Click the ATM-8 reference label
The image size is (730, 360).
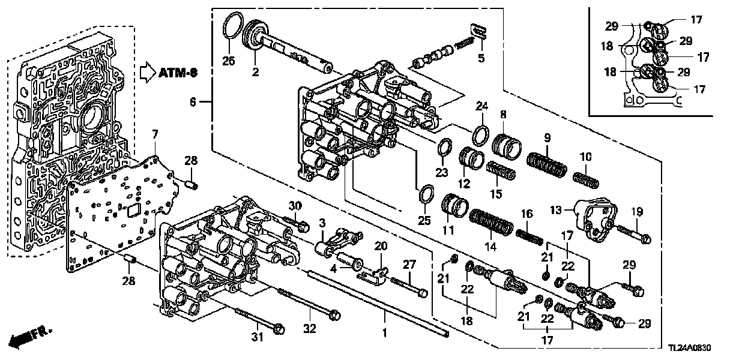178,73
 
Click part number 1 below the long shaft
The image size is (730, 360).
385,331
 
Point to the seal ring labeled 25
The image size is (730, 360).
426,196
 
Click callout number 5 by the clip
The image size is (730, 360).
480,58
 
